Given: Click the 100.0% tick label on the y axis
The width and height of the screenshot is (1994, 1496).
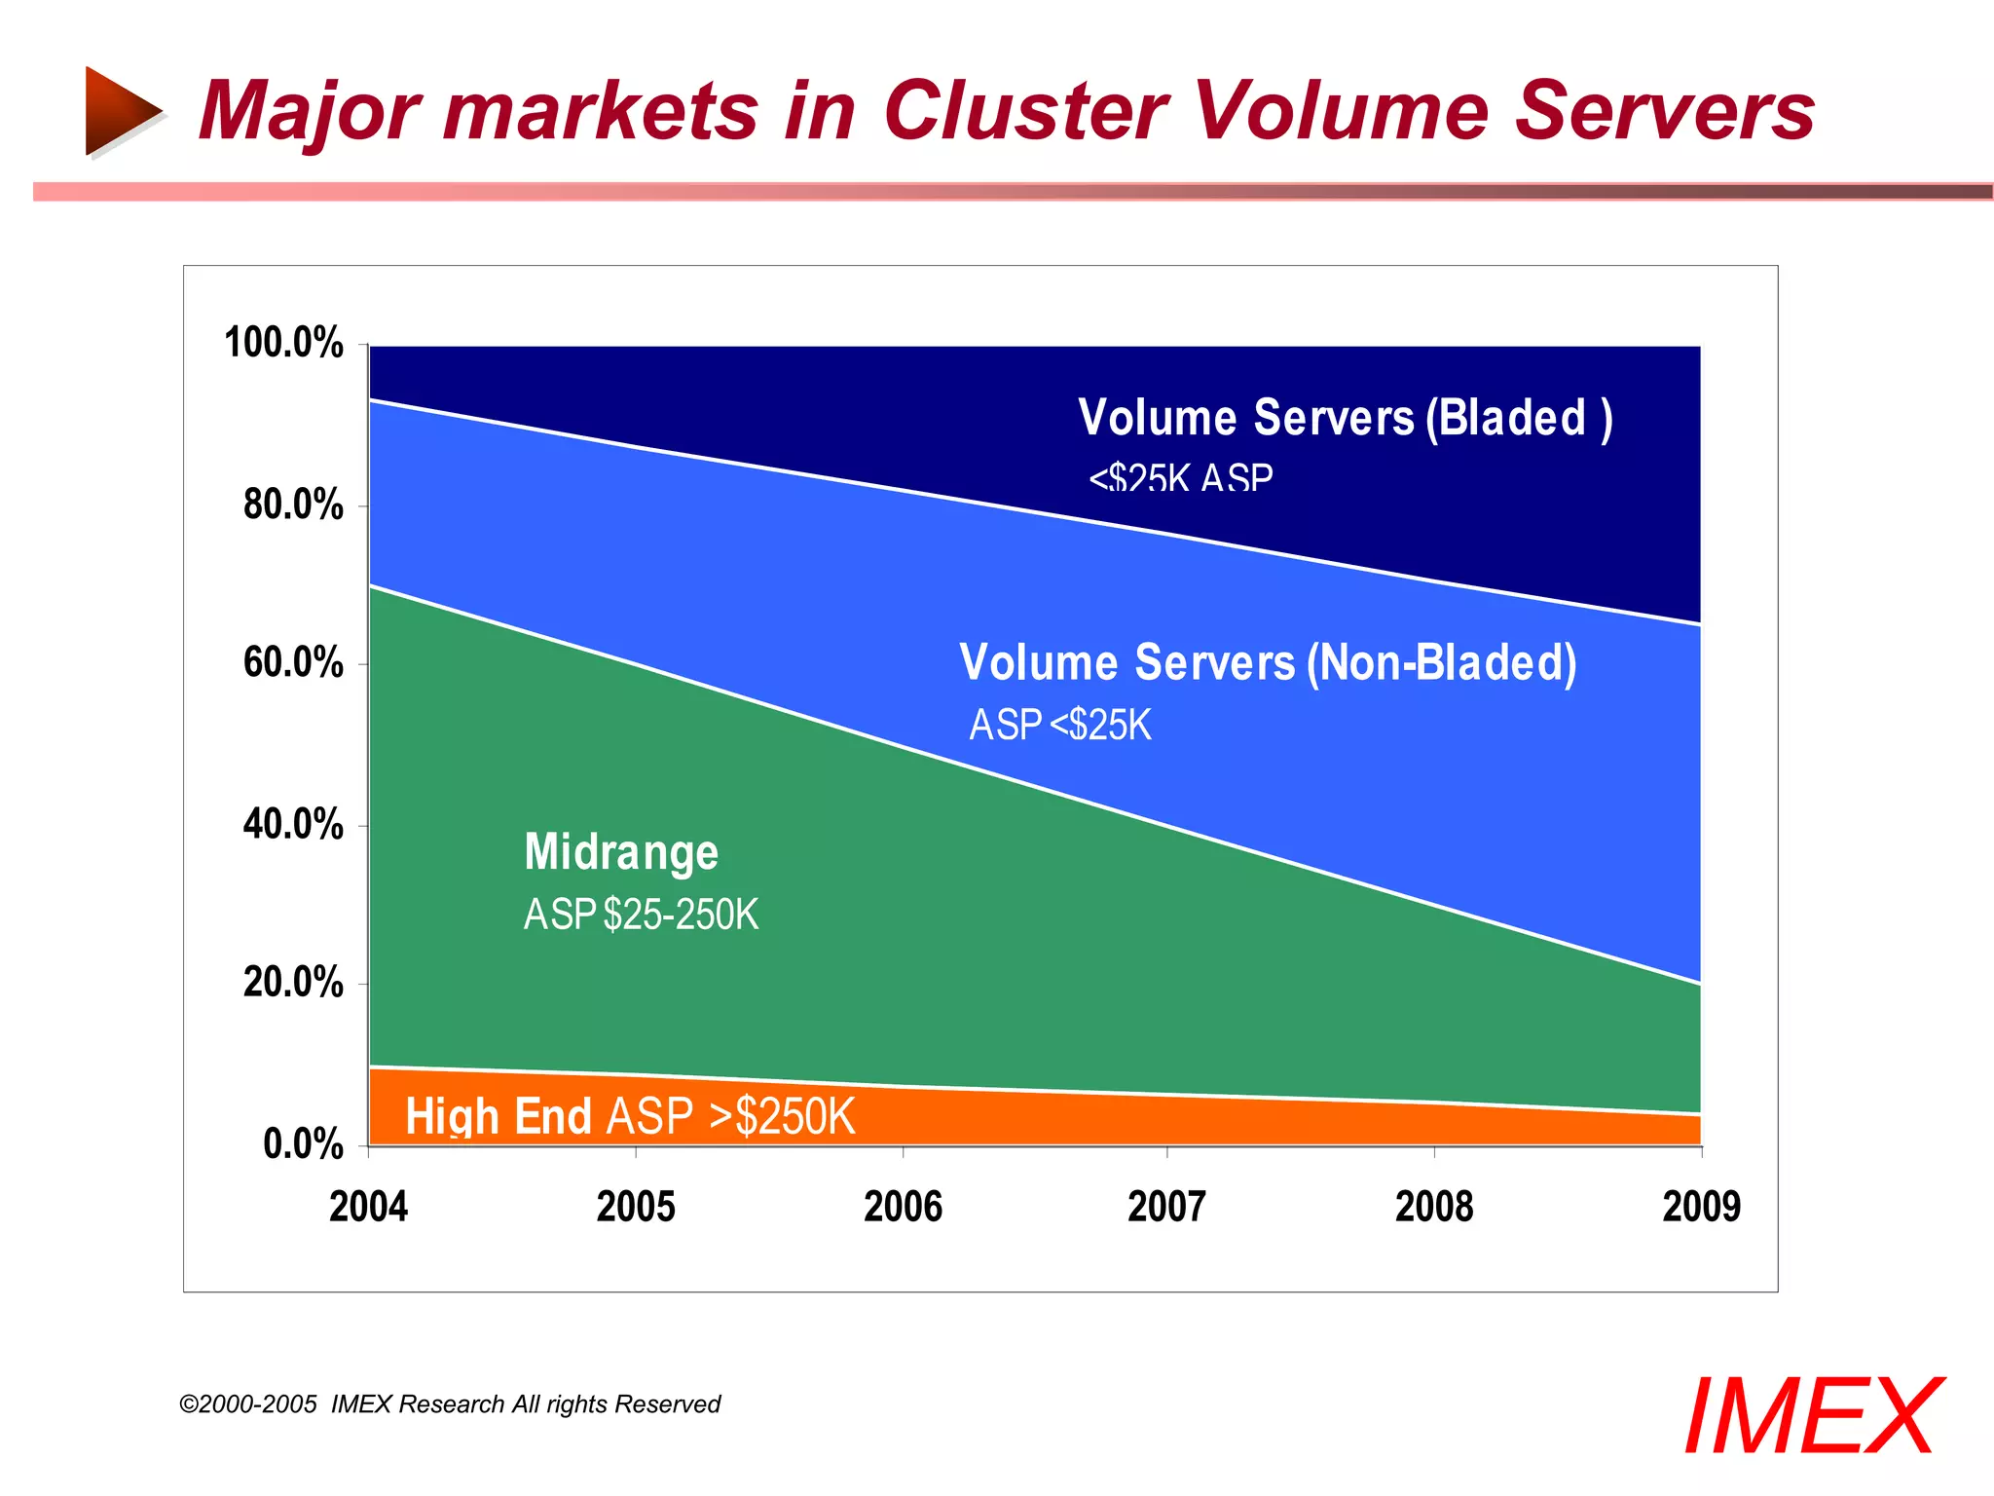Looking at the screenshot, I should click(283, 343).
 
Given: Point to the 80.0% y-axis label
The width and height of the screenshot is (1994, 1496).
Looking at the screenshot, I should click(293, 505).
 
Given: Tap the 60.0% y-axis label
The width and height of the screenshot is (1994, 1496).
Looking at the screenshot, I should click(293, 662).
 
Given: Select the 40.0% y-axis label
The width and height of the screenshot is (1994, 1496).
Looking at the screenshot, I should click(293, 824).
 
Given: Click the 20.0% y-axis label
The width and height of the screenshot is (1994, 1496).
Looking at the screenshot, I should click(293, 982).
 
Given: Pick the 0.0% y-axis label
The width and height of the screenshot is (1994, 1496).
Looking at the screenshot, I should click(303, 1143).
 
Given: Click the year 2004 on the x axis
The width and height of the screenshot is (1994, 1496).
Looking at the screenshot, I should click(368, 1207).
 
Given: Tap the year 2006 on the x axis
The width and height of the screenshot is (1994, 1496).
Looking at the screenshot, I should click(903, 1207).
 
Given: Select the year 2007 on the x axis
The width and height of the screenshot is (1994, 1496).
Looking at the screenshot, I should click(1166, 1207).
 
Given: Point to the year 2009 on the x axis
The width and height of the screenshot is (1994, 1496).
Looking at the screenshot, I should click(1701, 1207).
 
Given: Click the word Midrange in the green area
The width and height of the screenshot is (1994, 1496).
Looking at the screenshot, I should click(621, 851).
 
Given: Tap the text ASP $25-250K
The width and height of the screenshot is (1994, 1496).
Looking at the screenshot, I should click(641, 915).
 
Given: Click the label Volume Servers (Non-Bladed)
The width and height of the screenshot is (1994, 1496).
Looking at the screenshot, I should click(1268, 663).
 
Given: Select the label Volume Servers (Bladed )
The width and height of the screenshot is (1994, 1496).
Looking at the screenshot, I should click(1345, 418).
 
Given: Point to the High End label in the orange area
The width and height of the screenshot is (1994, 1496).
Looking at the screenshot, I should click(498, 1116).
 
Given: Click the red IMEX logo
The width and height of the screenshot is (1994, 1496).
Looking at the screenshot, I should click(1812, 1417).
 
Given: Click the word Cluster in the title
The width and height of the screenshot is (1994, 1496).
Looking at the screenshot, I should click(1024, 110).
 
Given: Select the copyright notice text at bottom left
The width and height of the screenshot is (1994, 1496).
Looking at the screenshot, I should click(450, 1404).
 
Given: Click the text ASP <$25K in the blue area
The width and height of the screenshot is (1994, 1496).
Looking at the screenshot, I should click(1060, 726).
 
